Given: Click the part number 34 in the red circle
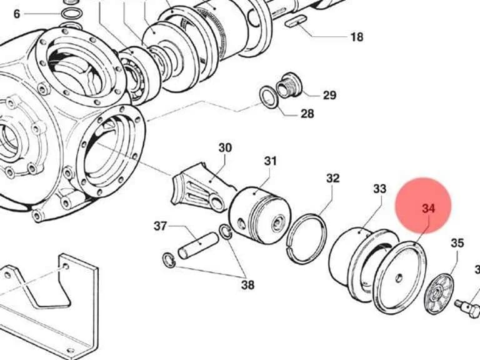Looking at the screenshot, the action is [x=428, y=209].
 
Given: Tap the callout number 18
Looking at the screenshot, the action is [x=357, y=37].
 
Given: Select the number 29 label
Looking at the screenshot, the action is [x=330, y=95].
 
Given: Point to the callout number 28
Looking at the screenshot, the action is [x=307, y=114].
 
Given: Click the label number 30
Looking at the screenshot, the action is [x=225, y=148].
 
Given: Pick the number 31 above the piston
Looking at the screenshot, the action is [x=270, y=161].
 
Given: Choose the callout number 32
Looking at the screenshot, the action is [x=332, y=178].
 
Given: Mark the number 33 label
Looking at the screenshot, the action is [x=379, y=189].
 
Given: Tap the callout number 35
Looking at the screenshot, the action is [x=457, y=243].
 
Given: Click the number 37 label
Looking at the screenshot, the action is [x=160, y=226].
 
